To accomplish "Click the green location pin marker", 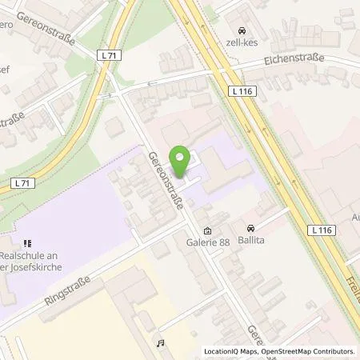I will [181, 161].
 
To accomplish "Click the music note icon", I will [159, 342].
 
